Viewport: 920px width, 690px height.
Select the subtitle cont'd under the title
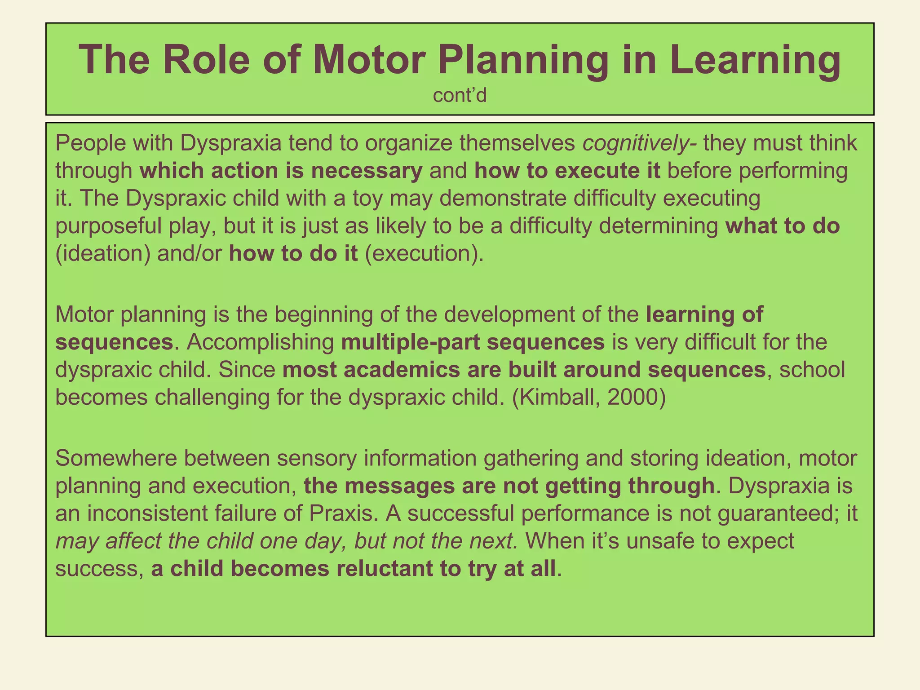(460, 96)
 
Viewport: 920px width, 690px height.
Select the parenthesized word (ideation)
(102, 254)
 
